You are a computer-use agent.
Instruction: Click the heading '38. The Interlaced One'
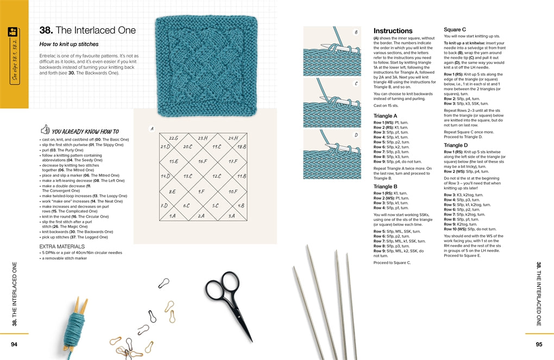point(87,30)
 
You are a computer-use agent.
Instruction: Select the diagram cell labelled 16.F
point(202,161)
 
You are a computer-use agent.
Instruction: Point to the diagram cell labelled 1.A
point(173,216)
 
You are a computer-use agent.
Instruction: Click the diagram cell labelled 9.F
point(201,191)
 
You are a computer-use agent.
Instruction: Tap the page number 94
point(15,344)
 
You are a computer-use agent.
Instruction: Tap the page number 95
point(538,344)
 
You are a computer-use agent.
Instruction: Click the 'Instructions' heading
point(393,31)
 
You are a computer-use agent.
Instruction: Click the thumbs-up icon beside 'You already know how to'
point(45,130)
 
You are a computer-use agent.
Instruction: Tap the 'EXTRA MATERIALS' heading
point(61,247)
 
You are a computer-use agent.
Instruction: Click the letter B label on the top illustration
point(356,32)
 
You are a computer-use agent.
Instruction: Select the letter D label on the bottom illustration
point(356,135)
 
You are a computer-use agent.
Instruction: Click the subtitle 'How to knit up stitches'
point(69,44)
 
